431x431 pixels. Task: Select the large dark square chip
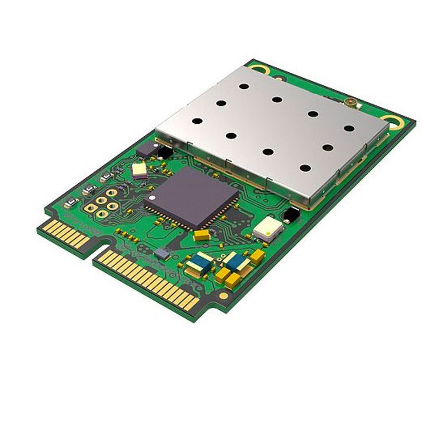(x=191, y=197)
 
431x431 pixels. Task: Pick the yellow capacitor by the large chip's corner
(x=203, y=235)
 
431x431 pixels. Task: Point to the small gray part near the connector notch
(x=161, y=253)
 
